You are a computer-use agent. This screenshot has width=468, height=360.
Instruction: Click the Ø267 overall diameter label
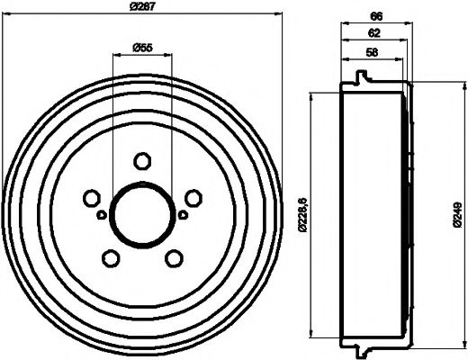[x=141, y=6]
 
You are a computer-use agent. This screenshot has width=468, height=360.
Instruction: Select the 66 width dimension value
[x=377, y=15]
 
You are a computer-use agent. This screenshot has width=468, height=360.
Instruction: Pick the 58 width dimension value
[x=372, y=53]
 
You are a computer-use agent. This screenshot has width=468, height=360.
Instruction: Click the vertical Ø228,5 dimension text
[x=302, y=213]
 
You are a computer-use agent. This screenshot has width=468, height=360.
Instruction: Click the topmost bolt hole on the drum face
[x=141, y=161]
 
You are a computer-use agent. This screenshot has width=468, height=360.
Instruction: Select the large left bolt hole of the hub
[x=91, y=198]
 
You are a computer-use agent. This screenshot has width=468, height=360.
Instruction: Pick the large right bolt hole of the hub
[x=193, y=198]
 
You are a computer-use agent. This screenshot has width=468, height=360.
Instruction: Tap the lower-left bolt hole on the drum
[x=111, y=258]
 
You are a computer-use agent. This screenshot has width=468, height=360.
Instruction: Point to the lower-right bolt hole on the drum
[x=173, y=258]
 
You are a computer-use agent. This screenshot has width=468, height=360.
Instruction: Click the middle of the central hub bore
[x=141, y=214]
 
